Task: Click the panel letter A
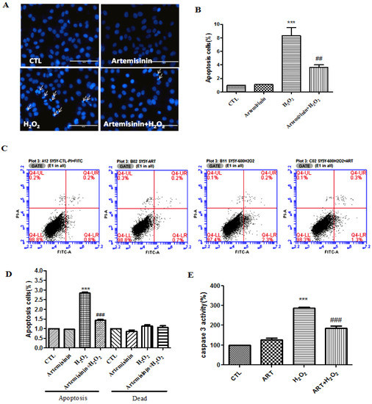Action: (x=8, y=9)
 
